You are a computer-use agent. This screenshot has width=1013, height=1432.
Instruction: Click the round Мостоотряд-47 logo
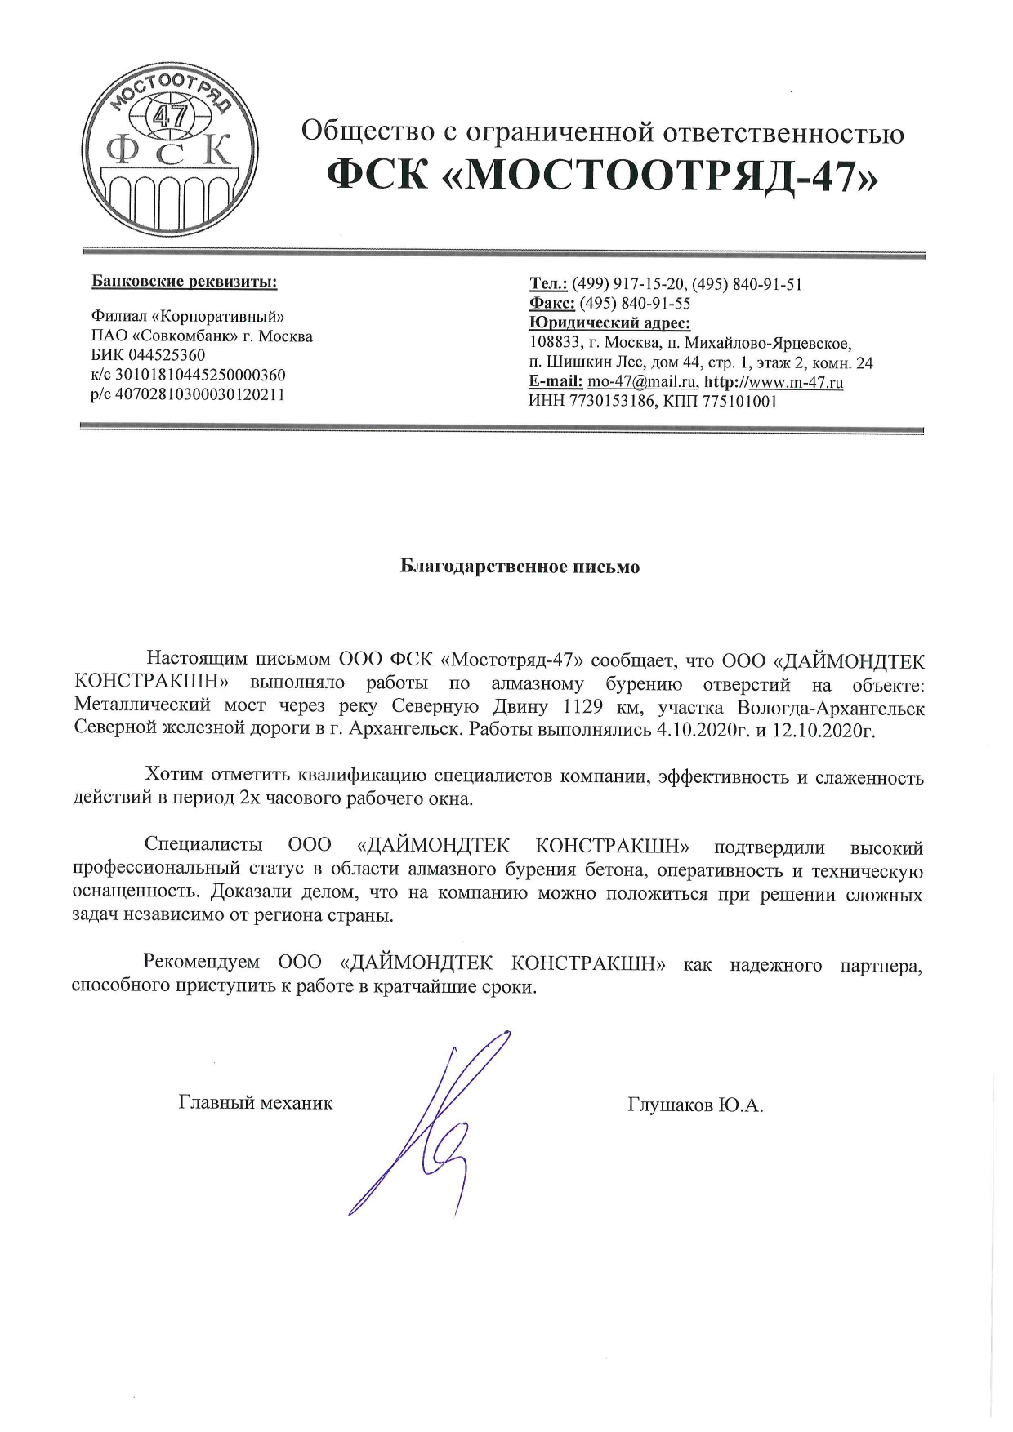[x=170, y=151]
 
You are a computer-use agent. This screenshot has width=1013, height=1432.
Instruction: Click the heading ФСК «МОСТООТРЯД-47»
[x=603, y=173]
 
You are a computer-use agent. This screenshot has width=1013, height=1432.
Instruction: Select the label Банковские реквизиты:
[x=185, y=282]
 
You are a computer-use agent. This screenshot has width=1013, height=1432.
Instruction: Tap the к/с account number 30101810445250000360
[x=200, y=376]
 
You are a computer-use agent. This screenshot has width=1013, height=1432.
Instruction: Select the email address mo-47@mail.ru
[x=642, y=382]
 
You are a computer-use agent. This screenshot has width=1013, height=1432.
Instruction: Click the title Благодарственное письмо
[x=520, y=567]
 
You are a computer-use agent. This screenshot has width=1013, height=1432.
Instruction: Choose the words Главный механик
[x=256, y=1103]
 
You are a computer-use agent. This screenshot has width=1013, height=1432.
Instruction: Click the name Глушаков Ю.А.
[x=695, y=1105]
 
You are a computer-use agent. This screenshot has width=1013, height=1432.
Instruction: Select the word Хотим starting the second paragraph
[x=174, y=776]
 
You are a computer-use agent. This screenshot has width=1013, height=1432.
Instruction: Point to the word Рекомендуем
[x=201, y=963]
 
